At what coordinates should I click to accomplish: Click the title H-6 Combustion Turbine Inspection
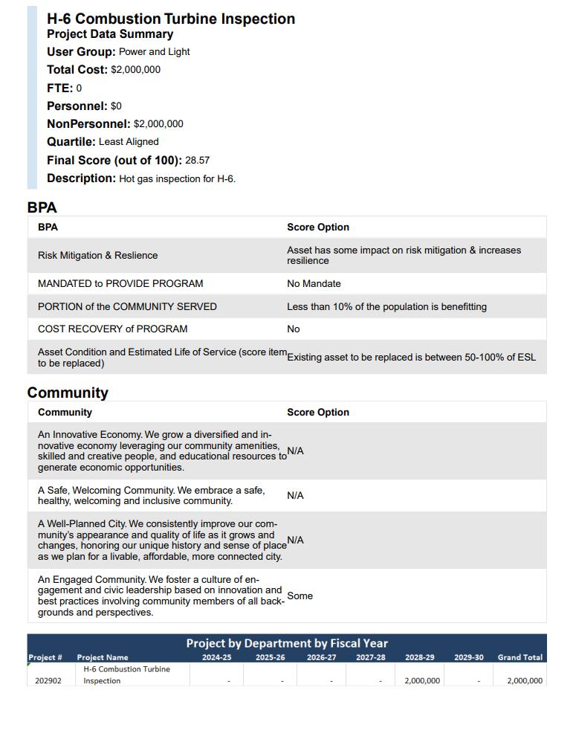tap(171, 19)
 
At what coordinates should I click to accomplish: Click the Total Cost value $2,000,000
tap(135, 70)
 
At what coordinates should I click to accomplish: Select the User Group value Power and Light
tap(154, 52)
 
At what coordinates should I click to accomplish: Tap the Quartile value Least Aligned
tap(129, 142)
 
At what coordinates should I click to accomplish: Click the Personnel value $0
tap(116, 106)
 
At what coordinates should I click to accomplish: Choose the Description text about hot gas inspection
tap(177, 179)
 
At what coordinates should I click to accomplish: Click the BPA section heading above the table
tap(42, 207)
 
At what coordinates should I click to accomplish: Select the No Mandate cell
tap(314, 284)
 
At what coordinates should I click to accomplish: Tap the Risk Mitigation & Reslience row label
tap(97, 256)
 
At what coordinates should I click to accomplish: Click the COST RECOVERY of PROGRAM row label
tap(112, 329)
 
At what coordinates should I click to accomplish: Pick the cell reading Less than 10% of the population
tap(386, 307)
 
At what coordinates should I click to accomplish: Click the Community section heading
tap(68, 393)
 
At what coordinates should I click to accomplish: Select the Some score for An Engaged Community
tap(300, 596)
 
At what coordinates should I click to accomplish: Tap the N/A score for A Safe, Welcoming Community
tap(295, 496)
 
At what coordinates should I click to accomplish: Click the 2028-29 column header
tap(420, 657)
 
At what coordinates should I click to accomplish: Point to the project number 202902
tap(48, 681)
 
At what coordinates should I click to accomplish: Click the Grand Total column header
tap(520, 657)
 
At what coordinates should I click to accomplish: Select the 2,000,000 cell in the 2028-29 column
tap(422, 681)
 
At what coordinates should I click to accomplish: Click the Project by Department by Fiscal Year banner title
tap(287, 643)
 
